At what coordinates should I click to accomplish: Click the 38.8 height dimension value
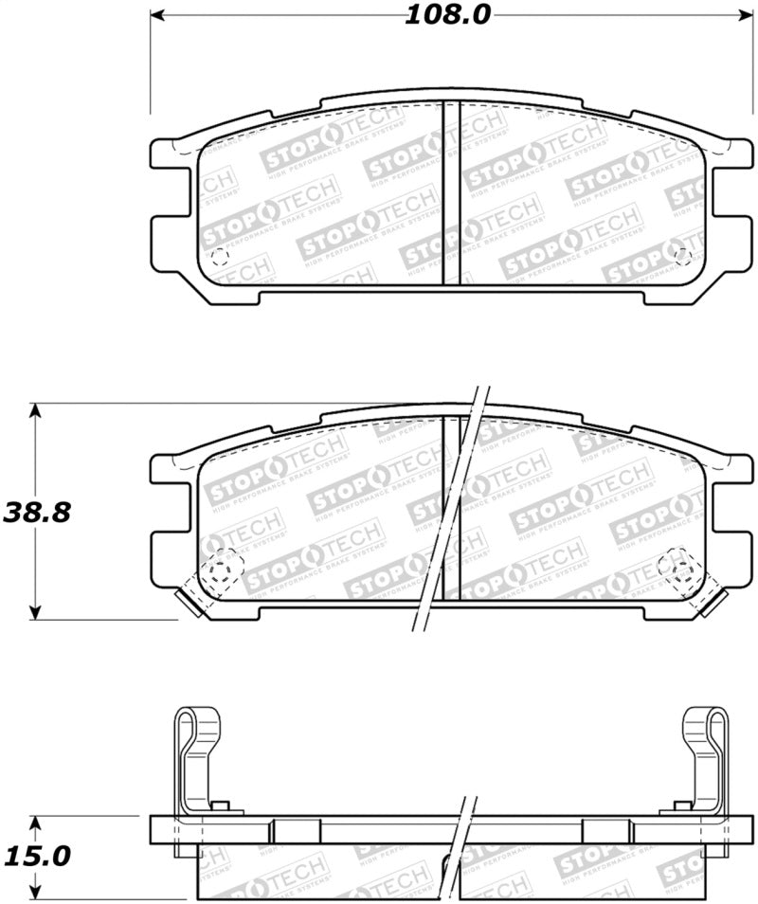pyautogui.click(x=38, y=512)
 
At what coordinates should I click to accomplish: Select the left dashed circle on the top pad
pyautogui.click(x=220, y=256)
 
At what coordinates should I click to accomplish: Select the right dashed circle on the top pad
pyautogui.click(x=680, y=256)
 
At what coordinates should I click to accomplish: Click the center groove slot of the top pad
pyautogui.click(x=452, y=192)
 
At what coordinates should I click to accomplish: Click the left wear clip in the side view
pyautogui.click(x=197, y=758)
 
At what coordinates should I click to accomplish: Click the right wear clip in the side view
pyautogui.click(x=705, y=758)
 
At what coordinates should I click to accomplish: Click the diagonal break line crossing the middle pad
pyautogui.click(x=451, y=512)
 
